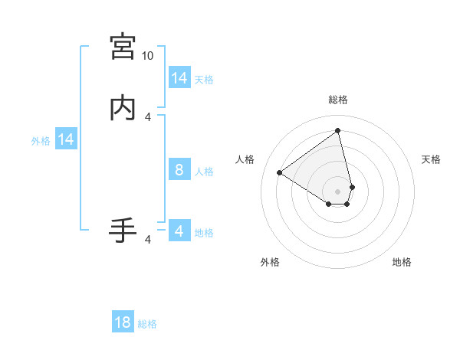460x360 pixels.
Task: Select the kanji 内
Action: pyautogui.click(x=123, y=107)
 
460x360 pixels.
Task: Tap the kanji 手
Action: pyautogui.click(x=123, y=230)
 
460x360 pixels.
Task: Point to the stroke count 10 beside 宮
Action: pyautogui.click(x=147, y=56)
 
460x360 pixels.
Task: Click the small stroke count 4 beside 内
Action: pyautogui.click(x=148, y=117)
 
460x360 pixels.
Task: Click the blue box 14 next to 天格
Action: pyautogui.click(x=179, y=78)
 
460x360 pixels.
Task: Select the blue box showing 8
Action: pyautogui.click(x=179, y=170)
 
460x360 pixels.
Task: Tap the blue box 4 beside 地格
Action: pyautogui.click(x=179, y=231)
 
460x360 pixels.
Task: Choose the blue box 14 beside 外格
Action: pyautogui.click(x=66, y=139)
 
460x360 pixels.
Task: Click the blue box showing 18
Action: pyautogui.click(x=123, y=322)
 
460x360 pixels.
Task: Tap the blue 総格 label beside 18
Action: pyautogui.click(x=147, y=324)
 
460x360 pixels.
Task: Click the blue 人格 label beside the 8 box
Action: pyautogui.click(x=204, y=172)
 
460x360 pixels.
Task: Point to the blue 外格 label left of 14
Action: pyautogui.click(x=40, y=141)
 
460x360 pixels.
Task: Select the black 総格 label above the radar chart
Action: pyautogui.click(x=337, y=100)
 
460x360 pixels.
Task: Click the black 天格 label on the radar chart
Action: pyautogui.click(x=431, y=159)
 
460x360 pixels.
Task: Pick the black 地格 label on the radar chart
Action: pyautogui.click(x=402, y=262)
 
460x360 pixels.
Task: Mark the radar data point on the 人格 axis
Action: pyautogui.click(x=280, y=172)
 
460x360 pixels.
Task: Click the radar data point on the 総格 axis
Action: pyautogui.click(x=337, y=131)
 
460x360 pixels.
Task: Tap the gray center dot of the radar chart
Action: pyautogui.click(x=337, y=191)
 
